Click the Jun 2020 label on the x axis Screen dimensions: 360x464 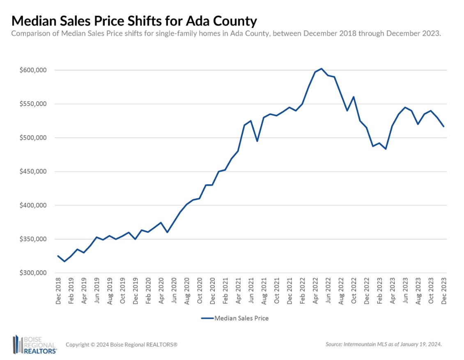[174, 291]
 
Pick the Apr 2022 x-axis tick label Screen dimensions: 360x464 [315, 291]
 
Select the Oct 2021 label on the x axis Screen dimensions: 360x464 [277, 291]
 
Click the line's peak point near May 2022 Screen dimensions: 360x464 [321, 69]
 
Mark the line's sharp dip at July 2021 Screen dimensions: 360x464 [257, 141]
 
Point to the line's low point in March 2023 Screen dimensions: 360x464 [386, 149]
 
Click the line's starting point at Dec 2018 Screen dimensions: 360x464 [58, 256]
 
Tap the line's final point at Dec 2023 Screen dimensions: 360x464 [443, 126]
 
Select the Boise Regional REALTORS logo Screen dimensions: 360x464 [34, 344]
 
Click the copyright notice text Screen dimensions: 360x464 [122, 344]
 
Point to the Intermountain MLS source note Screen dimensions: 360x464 [383, 344]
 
